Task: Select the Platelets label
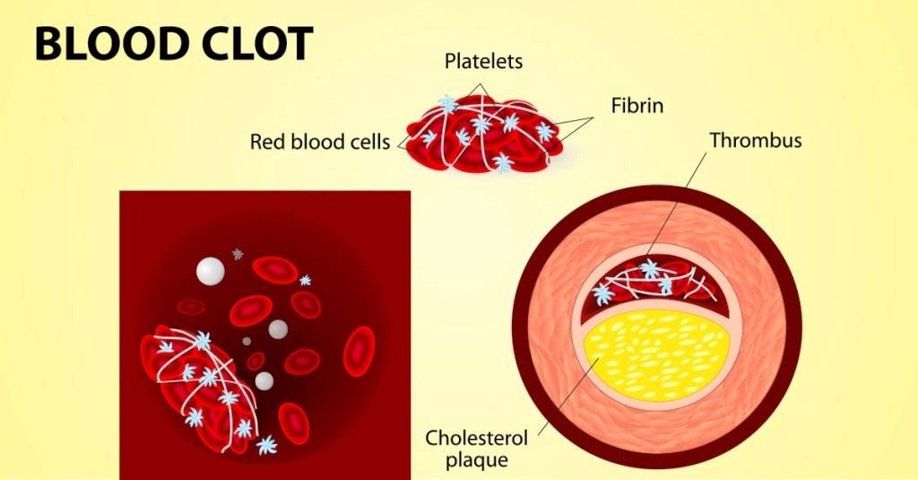484,62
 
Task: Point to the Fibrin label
637,105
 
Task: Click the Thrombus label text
756,140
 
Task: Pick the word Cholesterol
477,439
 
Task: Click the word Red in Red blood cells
266,142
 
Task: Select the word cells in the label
368,142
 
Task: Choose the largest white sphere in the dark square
209,270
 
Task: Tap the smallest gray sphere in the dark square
247,341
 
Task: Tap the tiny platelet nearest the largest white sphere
238,254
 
